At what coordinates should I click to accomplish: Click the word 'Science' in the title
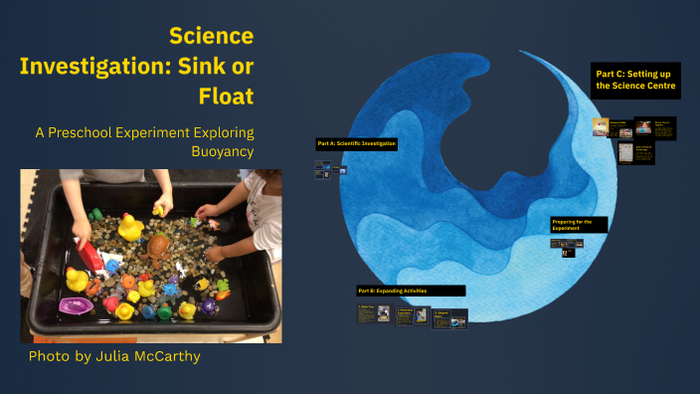pyautogui.click(x=211, y=37)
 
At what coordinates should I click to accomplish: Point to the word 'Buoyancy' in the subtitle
pyautogui.click(x=219, y=151)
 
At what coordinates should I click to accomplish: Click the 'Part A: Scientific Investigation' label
pyautogui.click(x=357, y=144)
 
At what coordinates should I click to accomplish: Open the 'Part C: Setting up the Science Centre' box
pyautogui.click(x=635, y=80)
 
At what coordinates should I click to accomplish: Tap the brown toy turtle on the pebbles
pyautogui.click(x=156, y=247)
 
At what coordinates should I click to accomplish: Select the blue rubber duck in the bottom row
pyautogui.click(x=149, y=311)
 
